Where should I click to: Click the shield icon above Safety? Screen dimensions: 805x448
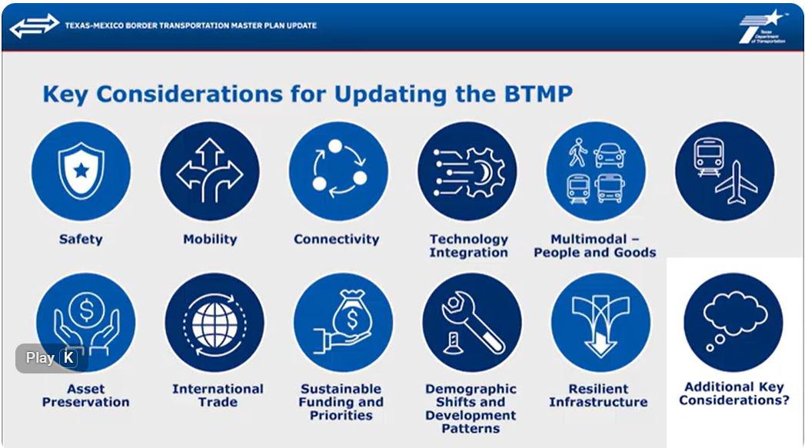(81, 171)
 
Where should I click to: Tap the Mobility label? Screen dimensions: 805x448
(210, 239)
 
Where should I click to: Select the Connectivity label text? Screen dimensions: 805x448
(336, 239)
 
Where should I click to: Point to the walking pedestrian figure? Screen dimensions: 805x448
(578, 152)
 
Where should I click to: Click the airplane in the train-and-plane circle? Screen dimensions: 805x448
(737, 183)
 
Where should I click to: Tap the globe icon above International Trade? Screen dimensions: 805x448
(215, 324)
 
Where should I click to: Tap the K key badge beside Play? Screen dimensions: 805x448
(68, 357)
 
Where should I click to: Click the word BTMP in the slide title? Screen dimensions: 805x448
(538, 94)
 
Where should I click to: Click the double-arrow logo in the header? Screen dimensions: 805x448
(35, 25)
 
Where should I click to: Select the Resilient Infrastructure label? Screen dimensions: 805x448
(598, 396)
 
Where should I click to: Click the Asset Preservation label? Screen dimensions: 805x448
(86, 396)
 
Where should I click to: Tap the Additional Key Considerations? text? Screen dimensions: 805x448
(734, 393)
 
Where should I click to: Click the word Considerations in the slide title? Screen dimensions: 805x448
(189, 94)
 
